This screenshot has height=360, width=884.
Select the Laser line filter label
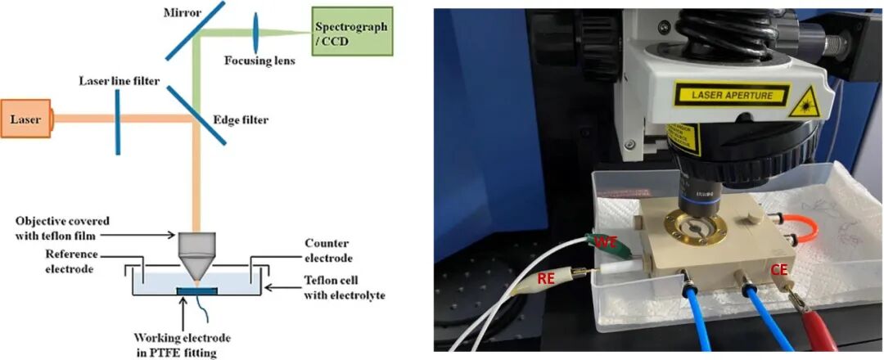pyautogui.click(x=119, y=81)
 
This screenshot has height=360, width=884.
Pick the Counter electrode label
pyautogui.click(x=328, y=250)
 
